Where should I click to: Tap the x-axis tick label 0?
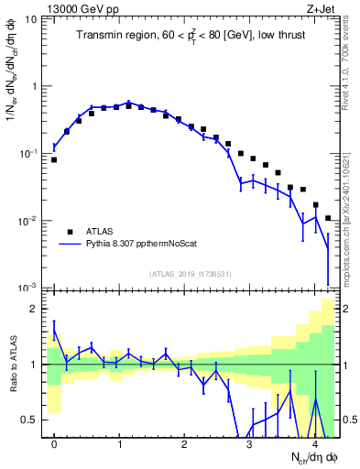pyautogui.click(x=54, y=444)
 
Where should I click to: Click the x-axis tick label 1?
pyautogui.click(x=119, y=444)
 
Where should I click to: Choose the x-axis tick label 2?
pyautogui.click(x=184, y=444)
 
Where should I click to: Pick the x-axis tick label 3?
pyautogui.click(x=249, y=444)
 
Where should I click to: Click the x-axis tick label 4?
pyautogui.click(x=314, y=444)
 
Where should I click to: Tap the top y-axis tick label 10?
pyautogui.click(x=30, y=18)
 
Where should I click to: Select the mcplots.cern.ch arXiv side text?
pyautogui.click(x=350, y=211)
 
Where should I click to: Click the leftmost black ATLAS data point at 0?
pyautogui.click(x=54, y=159)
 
